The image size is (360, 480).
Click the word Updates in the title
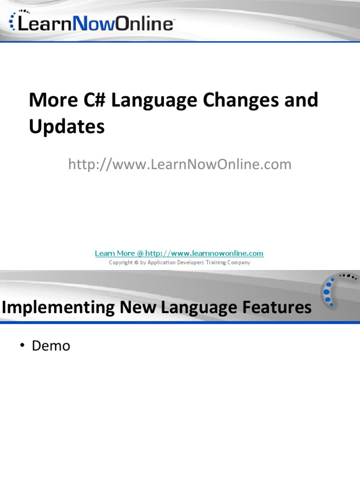(x=67, y=127)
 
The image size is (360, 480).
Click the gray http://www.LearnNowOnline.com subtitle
(x=180, y=164)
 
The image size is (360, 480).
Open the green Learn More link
(x=179, y=253)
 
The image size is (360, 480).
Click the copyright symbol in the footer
(x=136, y=262)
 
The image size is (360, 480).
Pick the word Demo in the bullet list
(x=51, y=346)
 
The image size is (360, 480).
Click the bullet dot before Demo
(x=22, y=346)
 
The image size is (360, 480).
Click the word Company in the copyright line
(x=237, y=262)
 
